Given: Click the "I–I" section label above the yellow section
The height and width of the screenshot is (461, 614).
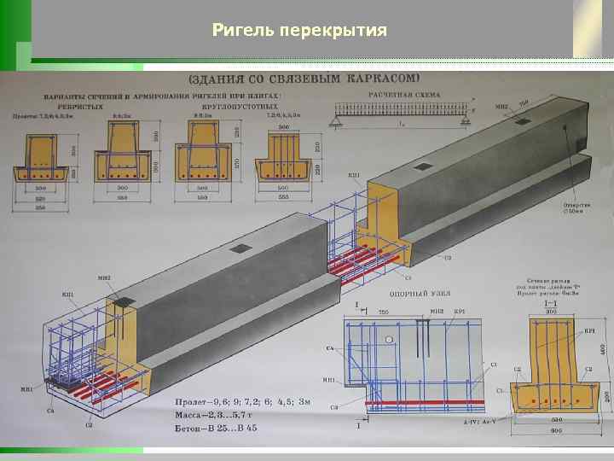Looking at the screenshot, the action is click(553, 304).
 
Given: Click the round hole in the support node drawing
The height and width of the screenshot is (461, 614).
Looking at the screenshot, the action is click(389, 339).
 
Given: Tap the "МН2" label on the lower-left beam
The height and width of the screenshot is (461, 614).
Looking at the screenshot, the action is click(105, 278).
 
